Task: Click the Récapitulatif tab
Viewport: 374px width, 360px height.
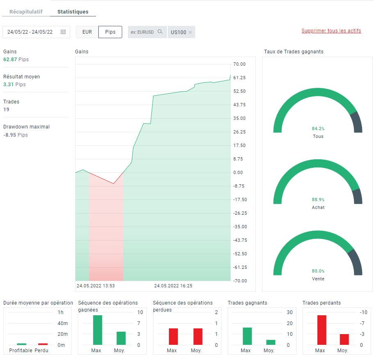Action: pyautogui.click(x=26, y=11)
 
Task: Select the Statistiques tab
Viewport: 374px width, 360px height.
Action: pyautogui.click(x=73, y=11)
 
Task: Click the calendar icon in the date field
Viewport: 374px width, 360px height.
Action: pyautogui.click(x=63, y=32)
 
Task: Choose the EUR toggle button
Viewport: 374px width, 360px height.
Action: pyautogui.click(x=87, y=32)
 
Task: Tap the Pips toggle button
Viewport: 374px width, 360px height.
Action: pyautogui.click(x=110, y=32)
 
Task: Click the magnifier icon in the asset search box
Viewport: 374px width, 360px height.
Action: pyautogui.click(x=160, y=32)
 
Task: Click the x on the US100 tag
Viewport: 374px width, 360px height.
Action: pyautogui.click(x=190, y=32)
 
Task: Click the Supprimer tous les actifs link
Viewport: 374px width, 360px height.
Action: pyautogui.click(x=331, y=31)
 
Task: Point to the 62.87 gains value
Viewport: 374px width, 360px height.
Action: pyautogui.click(x=10, y=60)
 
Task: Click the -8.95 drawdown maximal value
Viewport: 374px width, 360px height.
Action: pyautogui.click(x=9, y=135)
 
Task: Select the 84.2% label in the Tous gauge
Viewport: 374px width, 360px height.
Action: pyautogui.click(x=318, y=128)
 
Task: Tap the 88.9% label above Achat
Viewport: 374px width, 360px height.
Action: pyautogui.click(x=318, y=199)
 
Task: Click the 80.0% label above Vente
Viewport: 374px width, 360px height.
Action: pyautogui.click(x=318, y=271)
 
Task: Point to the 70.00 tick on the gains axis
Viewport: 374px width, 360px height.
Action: pyautogui.click(x=239, y=64)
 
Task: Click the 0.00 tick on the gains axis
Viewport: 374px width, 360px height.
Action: pyautogui.click(x=238, y=172)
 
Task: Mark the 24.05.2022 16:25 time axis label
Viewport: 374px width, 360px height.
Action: pyautogui.click(x=173, y=286)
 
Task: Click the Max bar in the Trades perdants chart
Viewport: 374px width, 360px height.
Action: pyautogui.click(x=322, y=330)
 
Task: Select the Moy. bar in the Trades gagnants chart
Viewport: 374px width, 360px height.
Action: pyautogui.click(x=271, y=342)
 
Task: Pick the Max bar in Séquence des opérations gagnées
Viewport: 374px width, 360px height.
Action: pyautogui.click(x=98, y=330)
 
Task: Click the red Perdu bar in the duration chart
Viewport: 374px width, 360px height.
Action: pyautogui.click(x=43, y=344)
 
